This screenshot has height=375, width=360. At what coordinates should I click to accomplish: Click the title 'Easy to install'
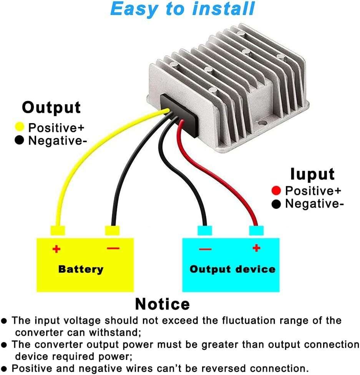tap(182, 9)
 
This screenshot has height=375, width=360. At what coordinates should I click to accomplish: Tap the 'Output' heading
tap(51, 107)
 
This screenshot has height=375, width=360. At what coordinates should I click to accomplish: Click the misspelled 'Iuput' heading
tap(312, 174)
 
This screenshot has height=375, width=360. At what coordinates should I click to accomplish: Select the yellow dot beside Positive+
tap(20, 127)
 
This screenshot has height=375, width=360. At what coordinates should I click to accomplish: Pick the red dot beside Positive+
tap(276, 190)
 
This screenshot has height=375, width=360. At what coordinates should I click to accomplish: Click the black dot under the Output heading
tap(20, 140)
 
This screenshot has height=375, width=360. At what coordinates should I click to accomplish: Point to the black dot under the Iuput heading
tap(276, 204)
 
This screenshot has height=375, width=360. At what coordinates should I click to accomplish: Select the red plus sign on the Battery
tap(56, 249)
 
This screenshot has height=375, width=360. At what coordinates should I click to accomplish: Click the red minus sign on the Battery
tap(113, 248)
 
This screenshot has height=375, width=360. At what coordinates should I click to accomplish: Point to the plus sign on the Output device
tap(256, 248)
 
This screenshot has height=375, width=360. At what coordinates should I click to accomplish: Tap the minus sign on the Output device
tap(205, 249)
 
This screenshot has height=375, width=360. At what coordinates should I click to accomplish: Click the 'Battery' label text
tap(81, 269)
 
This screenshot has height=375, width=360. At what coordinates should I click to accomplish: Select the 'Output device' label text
tap(232, 269)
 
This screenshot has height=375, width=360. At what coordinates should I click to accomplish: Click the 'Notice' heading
tap(162, 304)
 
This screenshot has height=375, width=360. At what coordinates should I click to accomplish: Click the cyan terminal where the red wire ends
tap(256, 231)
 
